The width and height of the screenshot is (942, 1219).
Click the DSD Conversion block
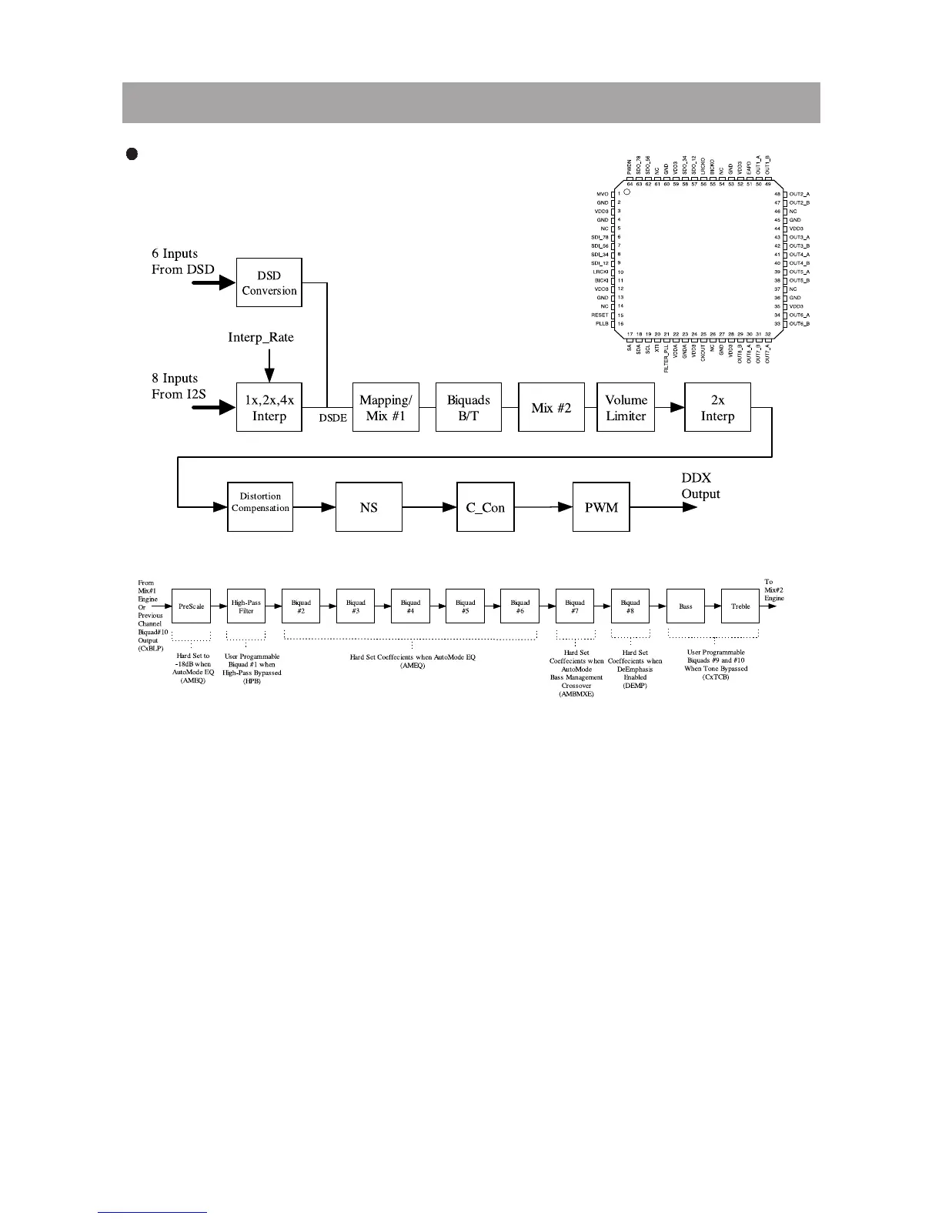269,283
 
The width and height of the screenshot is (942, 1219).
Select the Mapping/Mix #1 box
386,407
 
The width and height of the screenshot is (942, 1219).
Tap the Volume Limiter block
626,407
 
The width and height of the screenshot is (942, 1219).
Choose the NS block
369,507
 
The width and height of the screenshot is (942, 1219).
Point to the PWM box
601,507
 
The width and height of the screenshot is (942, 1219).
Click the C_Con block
486,507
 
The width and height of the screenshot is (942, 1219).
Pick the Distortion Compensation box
260,506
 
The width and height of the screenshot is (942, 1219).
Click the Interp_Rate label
261,337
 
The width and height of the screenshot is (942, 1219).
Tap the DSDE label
332,418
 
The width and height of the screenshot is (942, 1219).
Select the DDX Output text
700,486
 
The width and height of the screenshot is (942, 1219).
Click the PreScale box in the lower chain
191,606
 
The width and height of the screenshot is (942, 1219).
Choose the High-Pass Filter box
246,606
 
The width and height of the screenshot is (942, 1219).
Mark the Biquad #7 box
575,606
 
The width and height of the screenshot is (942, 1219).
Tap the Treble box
740,606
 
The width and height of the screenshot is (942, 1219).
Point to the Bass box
686,606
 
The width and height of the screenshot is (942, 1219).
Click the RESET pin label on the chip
600,315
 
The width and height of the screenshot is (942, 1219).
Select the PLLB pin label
601,324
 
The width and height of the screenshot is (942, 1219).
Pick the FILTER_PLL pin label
666,358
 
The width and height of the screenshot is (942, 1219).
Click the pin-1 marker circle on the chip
627,192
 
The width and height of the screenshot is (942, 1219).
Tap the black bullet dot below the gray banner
131,154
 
